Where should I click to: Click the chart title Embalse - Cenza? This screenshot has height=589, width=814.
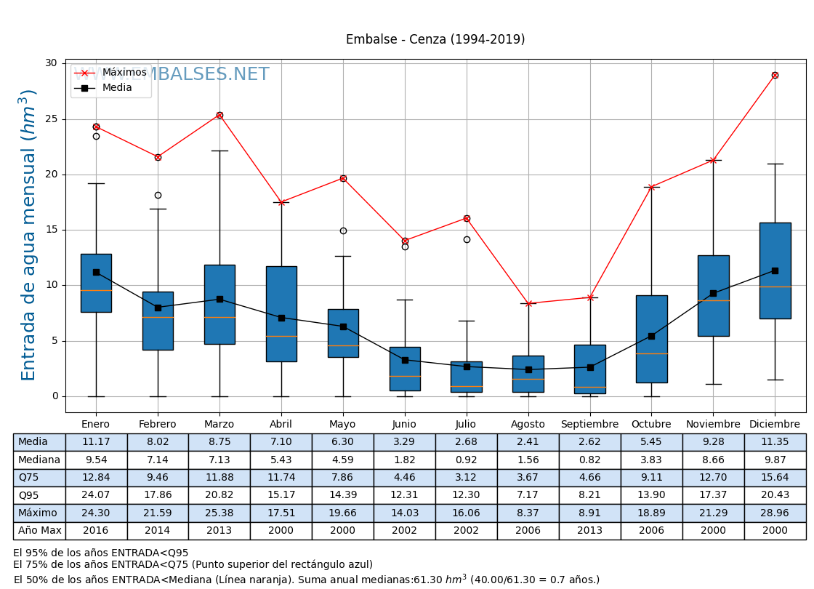tap(435, 40)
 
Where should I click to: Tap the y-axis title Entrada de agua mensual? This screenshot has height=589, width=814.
tap(28, 235)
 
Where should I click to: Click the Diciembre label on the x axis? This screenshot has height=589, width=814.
tap(775, 424)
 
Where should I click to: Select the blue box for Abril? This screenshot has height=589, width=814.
tap(281, 313)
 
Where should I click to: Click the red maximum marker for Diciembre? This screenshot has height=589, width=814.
tap(775, 76)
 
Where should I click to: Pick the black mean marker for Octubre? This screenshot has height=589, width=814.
tap(651, 336)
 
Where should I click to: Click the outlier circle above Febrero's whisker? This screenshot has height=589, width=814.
tap(158, 195)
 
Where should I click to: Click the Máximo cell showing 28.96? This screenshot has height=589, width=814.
tap(775, 513)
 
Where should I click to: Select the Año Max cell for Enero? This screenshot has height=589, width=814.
tap(96, 530)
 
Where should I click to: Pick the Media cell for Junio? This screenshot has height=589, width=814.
tap(404, 442)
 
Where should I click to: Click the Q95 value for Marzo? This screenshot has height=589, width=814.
tap(219, 495)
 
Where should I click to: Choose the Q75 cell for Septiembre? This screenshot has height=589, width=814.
tap(589, 477)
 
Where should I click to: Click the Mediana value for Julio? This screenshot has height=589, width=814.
tap(466, 460)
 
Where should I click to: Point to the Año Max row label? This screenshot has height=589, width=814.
tap(39, 530)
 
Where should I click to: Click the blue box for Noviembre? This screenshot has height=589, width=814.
tap(713, 295)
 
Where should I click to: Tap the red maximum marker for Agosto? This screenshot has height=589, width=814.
tap(528, 303)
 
